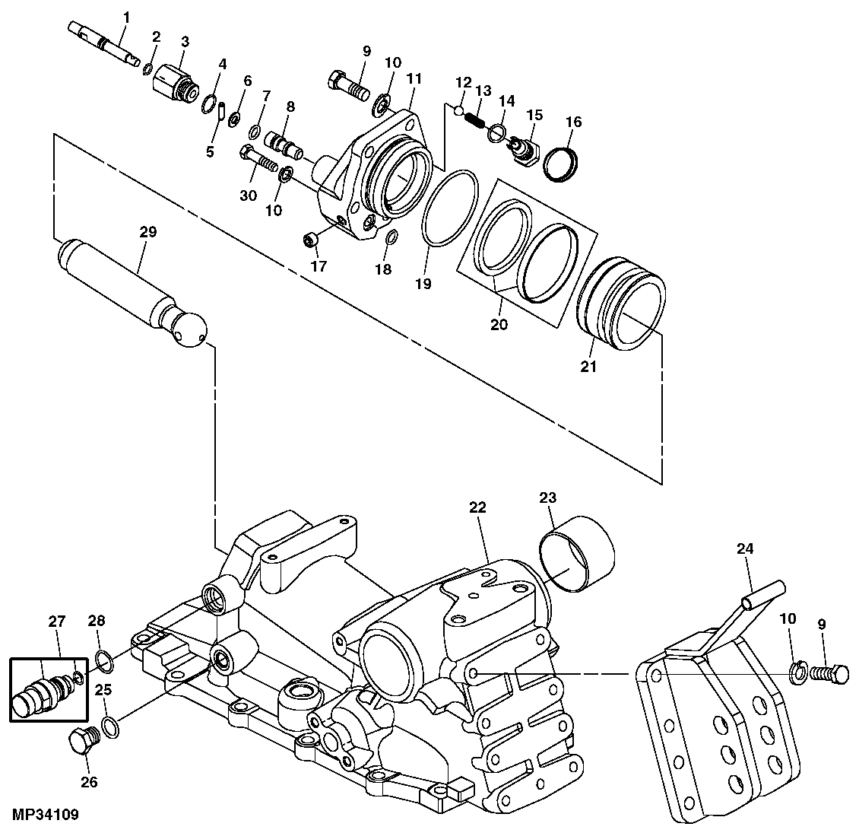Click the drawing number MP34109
point(46,815)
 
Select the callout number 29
point(147,232)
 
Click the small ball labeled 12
point(458,110)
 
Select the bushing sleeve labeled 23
point(575,552)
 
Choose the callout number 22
point(477,507)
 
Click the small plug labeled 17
point(310,240)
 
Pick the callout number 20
point(499,323)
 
